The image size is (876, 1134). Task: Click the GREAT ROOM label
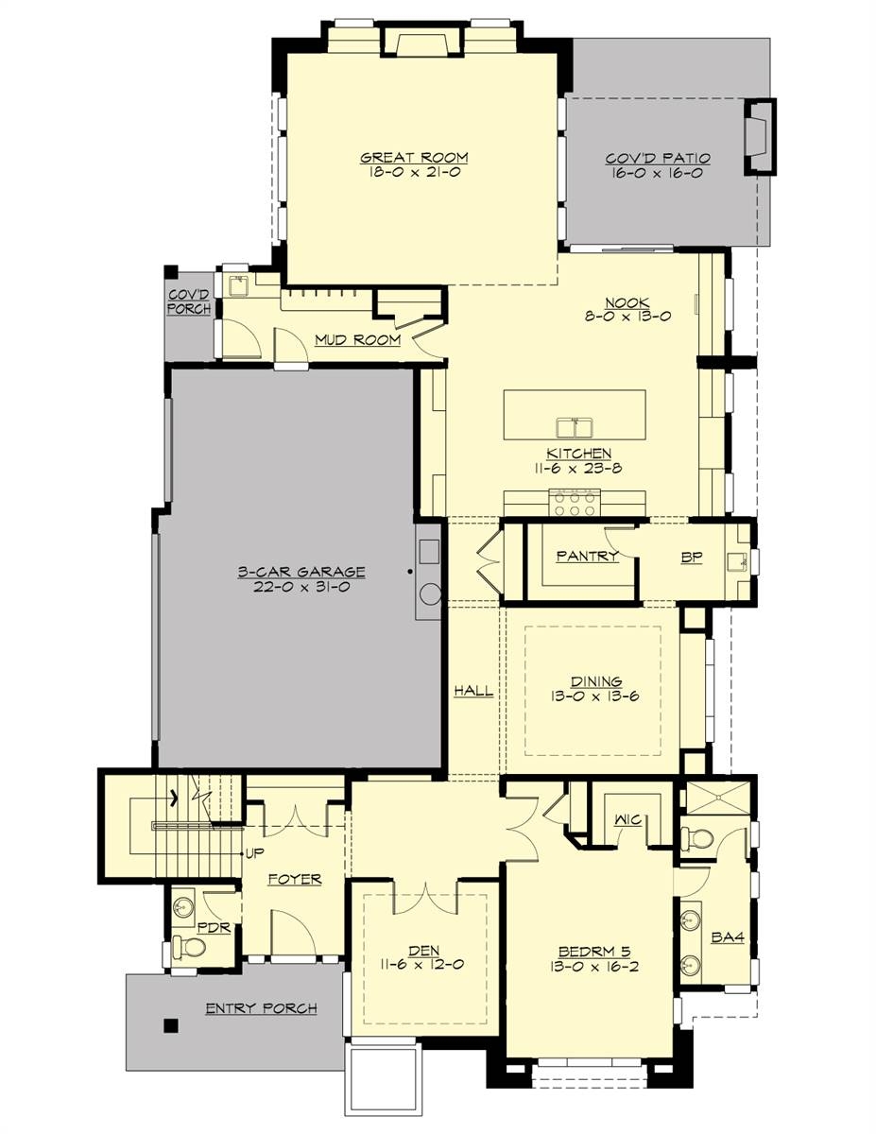click(x=414, y=158)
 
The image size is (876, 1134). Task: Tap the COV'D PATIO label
click(x=658, y=159)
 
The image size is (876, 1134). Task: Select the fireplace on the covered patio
click(x=758, y=136)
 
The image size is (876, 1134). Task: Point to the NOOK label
click(x=627, y=302)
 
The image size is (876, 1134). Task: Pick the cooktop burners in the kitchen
click(x=575, y=502)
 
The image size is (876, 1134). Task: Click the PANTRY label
click(x=587, y=556)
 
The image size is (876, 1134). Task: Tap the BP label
click(x=693, y=556)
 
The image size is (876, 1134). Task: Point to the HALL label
click(x=473, y=691)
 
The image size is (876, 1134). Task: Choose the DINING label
click(x=596, y=680)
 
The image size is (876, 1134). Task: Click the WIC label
click(x=627, y=819)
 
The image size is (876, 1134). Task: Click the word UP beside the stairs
click(x=255, y=853)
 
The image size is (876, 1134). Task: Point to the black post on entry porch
click(x=171, y=1024)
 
